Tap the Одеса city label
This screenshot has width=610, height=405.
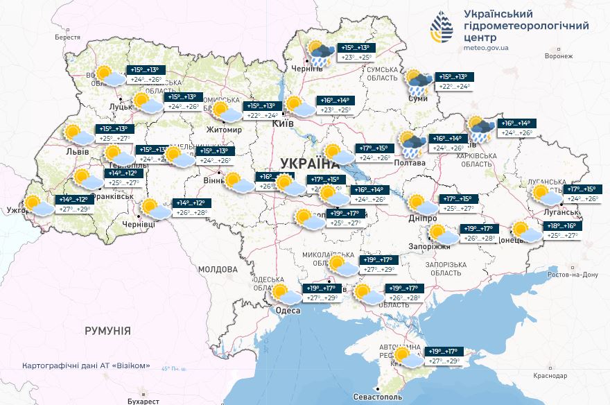pos(288,310)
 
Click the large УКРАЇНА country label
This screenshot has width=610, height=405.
pos(309,163)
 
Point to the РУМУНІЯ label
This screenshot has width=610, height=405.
pos(107,331)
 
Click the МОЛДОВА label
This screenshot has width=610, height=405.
pos(218,269)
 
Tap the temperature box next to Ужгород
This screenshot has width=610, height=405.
pos(75,204)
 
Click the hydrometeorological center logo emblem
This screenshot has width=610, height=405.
pos(441,28)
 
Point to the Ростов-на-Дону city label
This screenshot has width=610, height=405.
pos(573,275)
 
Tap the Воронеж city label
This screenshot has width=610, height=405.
pos(559,56)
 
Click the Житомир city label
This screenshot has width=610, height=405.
pos(224,129)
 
